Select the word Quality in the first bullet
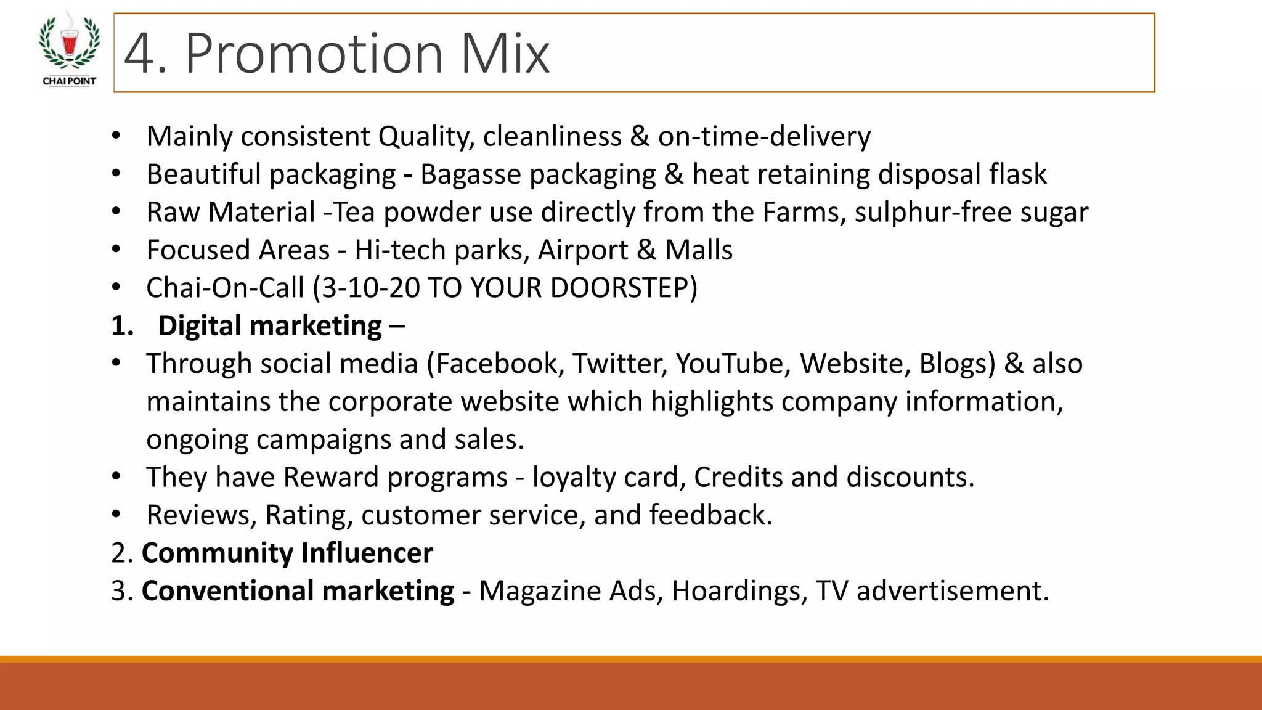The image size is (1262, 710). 426,137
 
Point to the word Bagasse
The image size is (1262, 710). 471,174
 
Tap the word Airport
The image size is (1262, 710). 582,250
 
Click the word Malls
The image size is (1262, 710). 699,250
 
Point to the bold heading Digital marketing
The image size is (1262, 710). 270,326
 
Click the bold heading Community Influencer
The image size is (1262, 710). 287,553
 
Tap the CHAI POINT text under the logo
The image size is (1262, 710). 69,81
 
